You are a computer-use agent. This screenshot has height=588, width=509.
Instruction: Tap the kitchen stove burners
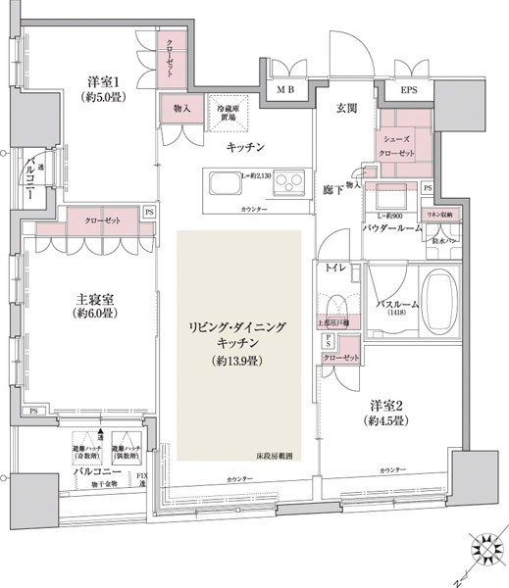click(x=289, y=181)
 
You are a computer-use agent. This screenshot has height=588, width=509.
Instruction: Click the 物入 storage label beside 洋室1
click(x=180, y=106)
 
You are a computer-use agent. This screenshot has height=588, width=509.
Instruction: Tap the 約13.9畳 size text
click(x=238, y=361)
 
